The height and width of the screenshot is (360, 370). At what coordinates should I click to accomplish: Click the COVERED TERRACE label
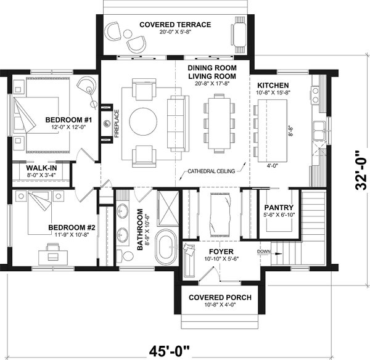[175, 25]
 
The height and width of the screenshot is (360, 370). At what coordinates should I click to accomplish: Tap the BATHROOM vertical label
[141, 228]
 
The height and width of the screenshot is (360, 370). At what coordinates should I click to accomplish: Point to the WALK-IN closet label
[40, 168]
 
